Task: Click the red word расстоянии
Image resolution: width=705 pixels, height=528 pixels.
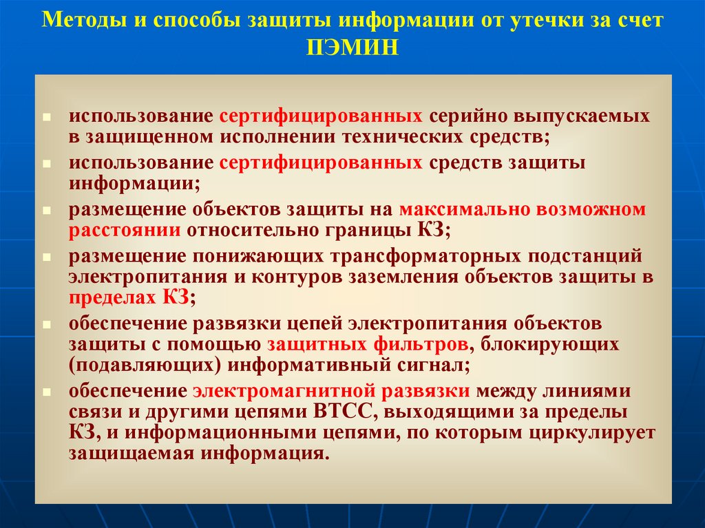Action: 125,230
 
